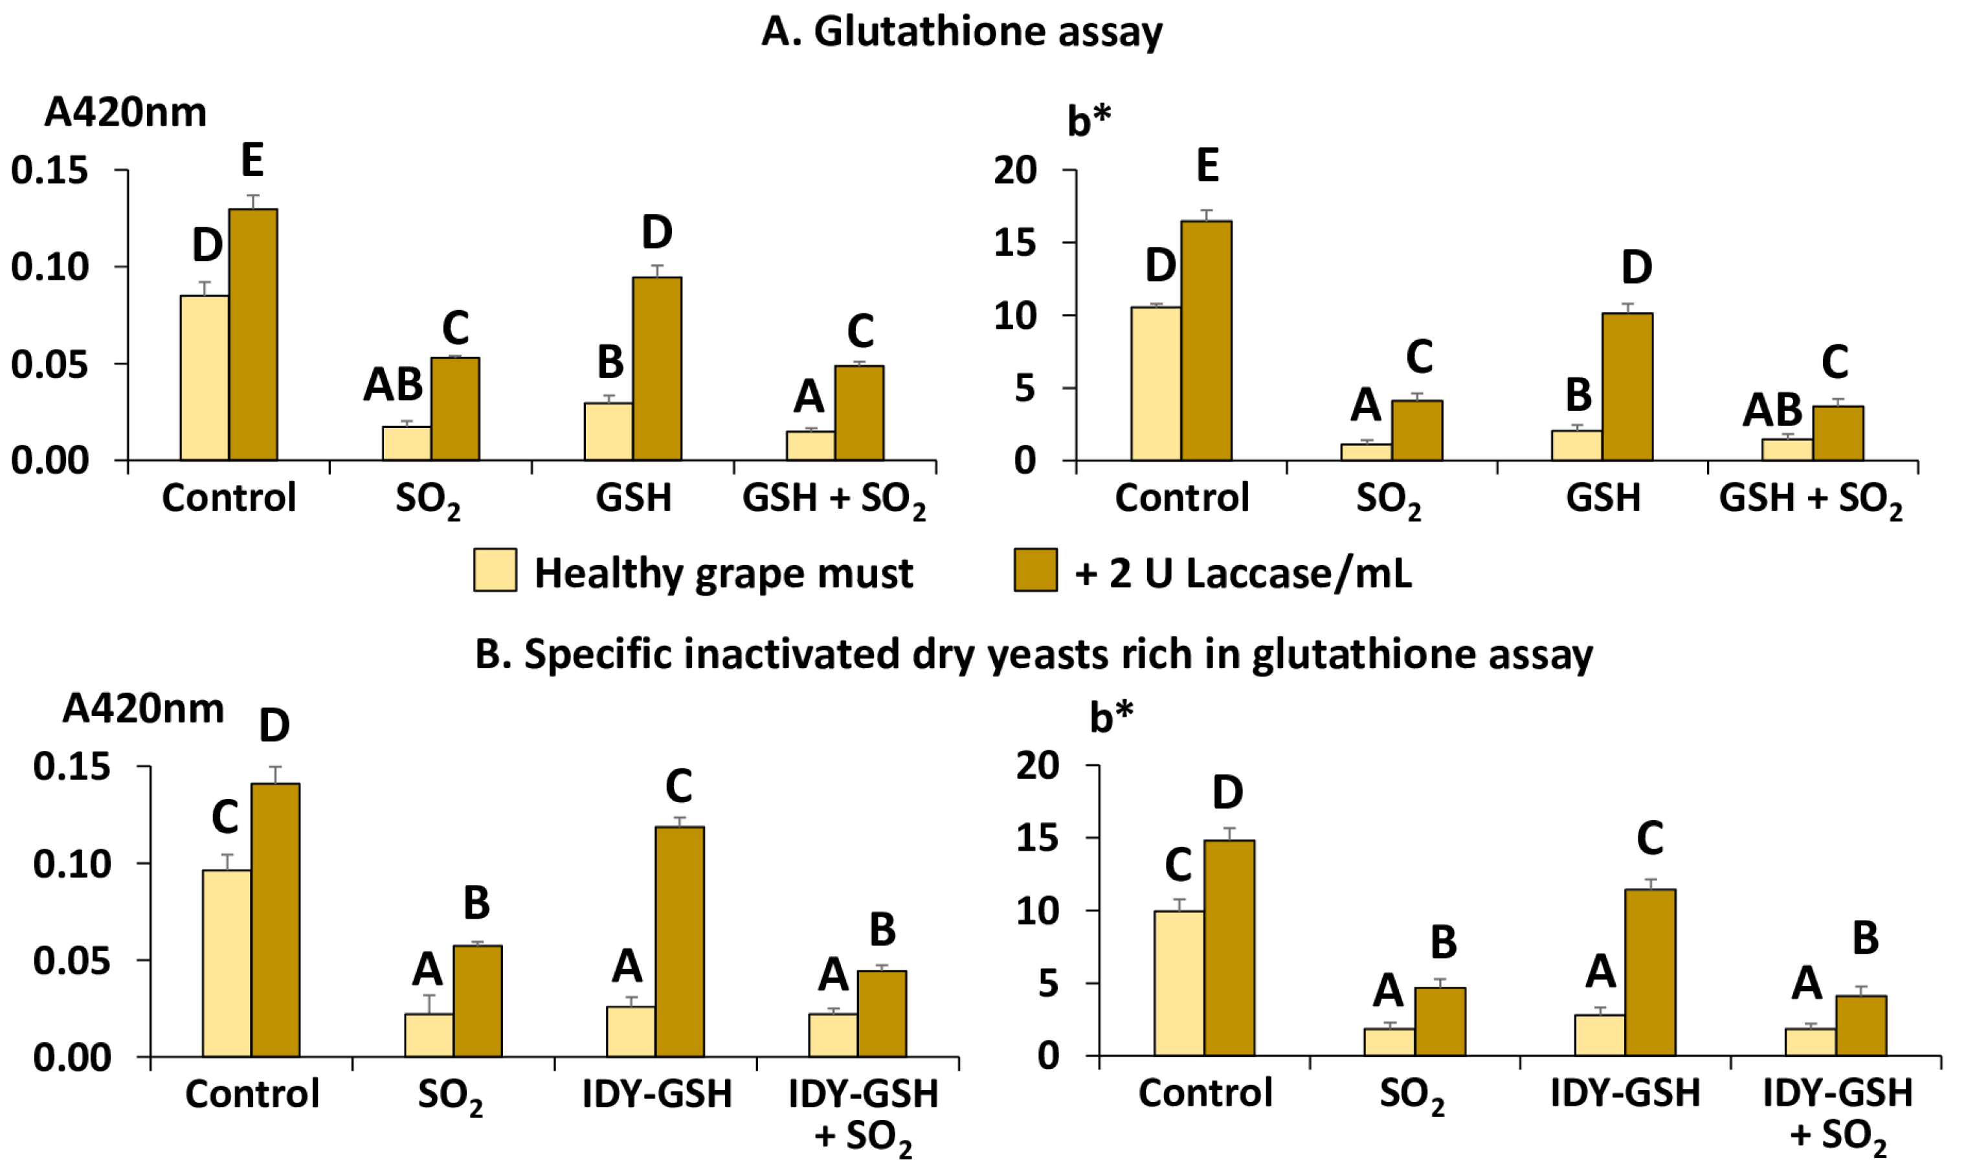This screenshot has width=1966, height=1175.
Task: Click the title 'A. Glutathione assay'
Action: coord(961,33)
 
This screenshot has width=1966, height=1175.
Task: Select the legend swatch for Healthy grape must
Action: coord(495,570)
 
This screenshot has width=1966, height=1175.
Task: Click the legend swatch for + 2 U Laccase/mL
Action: coord(1035,570)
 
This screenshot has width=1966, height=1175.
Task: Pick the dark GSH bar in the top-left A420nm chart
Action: coord(656,368)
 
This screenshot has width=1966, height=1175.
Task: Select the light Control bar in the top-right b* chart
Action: coord(1156,383)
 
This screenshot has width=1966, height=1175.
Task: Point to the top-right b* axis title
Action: coord(1089,121)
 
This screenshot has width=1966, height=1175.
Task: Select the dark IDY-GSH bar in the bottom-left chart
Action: coord(679,941)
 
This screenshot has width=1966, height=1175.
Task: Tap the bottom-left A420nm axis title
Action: coord(143,709)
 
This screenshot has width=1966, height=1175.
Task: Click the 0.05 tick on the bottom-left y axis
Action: coord(72,962)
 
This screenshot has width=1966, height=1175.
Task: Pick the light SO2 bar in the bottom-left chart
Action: coord(429,1035)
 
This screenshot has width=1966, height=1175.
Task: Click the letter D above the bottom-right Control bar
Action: coord(1227,792)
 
